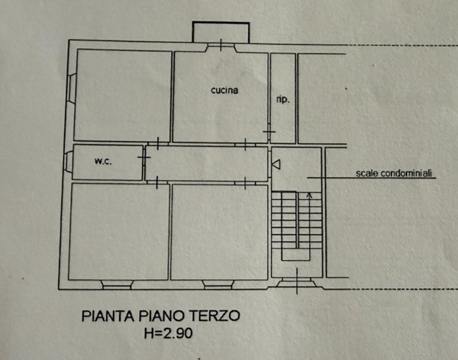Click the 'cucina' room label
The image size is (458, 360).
224,90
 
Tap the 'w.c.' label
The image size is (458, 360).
104,161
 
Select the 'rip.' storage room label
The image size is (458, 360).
282,99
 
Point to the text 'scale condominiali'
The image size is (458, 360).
395,174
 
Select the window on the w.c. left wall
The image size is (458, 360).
69,162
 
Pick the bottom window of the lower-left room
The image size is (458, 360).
116,284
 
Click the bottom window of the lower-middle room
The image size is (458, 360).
219,284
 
